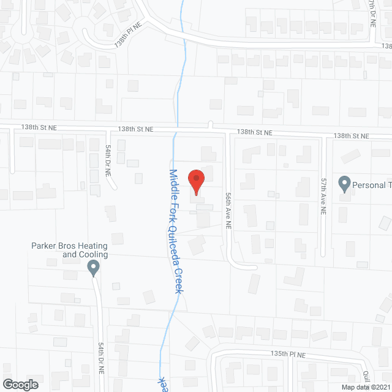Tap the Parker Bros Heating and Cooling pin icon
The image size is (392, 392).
pos(93,267)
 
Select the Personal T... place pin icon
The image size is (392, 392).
pos(344,183)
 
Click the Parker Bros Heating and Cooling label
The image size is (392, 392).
pos(69,250)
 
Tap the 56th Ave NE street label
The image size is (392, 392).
pos(227,209)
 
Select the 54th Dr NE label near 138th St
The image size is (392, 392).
pos(108,160)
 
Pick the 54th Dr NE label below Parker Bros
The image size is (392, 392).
pos(102,359)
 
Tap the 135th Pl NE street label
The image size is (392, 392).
pos(288,355)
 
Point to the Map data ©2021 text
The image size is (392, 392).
pos(365,387)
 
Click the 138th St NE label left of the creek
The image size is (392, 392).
pos(136,129)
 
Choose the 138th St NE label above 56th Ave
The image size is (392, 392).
pos(255,132)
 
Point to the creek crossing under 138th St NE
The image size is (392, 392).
pos(175,130)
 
